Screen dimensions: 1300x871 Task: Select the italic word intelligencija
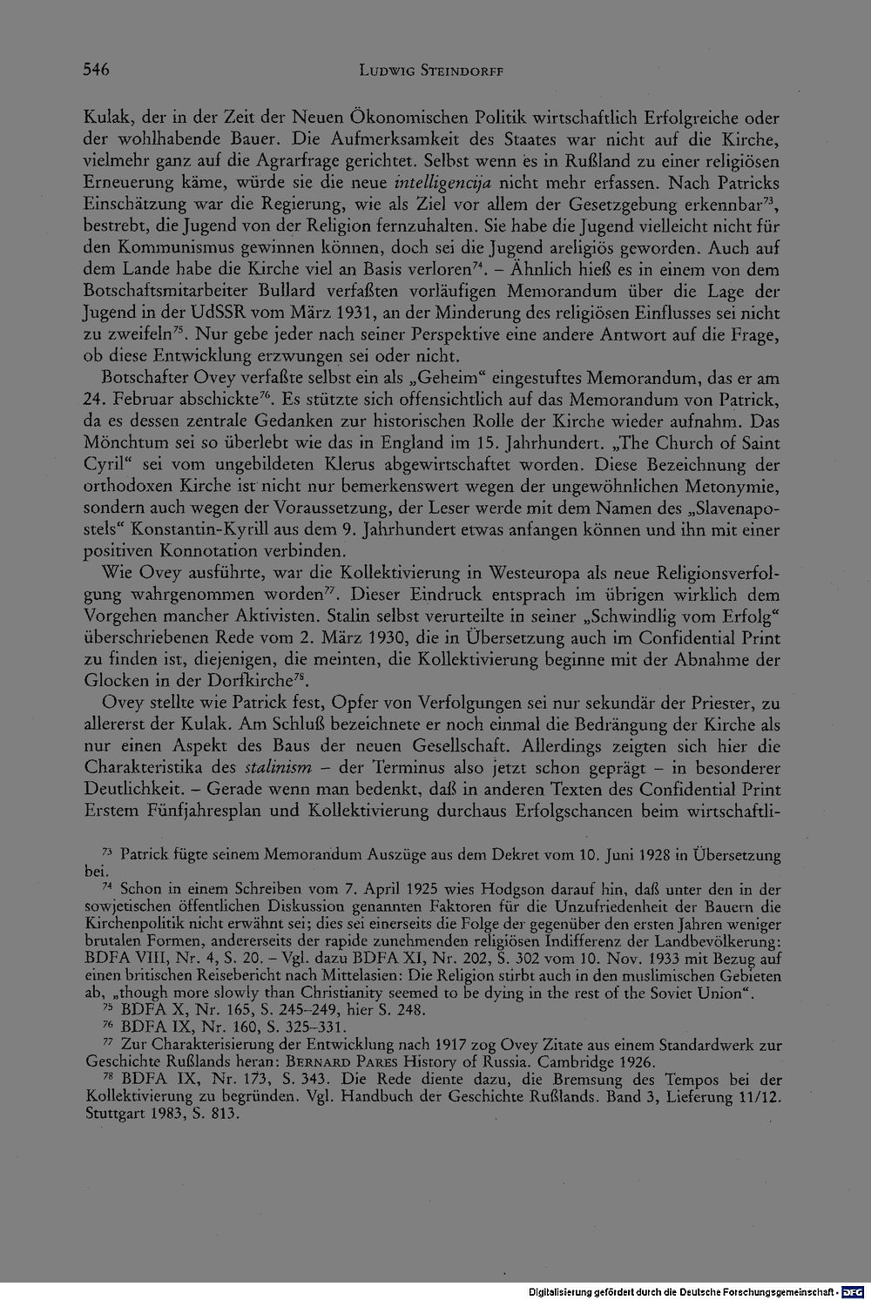444,184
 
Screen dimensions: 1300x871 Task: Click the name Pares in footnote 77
373,1062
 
